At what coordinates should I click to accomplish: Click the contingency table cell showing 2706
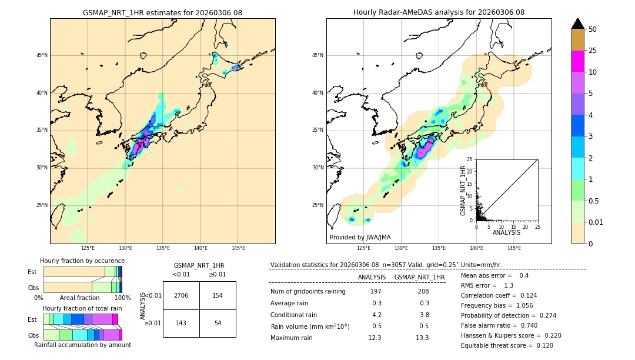181,295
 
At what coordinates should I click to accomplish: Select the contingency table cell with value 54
218,323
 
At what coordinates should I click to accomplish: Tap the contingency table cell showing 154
218,295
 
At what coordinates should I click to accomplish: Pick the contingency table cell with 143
181,323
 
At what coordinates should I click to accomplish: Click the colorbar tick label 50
593,29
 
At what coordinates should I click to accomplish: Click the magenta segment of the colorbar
577,62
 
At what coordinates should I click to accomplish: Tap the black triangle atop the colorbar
577,24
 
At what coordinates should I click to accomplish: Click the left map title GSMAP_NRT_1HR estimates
162,12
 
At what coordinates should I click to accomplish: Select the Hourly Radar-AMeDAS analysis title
439,12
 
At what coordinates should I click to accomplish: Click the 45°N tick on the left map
42,55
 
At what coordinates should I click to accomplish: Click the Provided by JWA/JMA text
360,237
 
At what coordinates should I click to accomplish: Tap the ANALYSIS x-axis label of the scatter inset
506,232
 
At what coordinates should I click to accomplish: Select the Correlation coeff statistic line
499,295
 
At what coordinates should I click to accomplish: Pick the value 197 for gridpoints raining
376,291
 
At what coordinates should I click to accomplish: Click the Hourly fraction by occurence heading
82,261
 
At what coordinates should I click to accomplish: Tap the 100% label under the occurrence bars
122,298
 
